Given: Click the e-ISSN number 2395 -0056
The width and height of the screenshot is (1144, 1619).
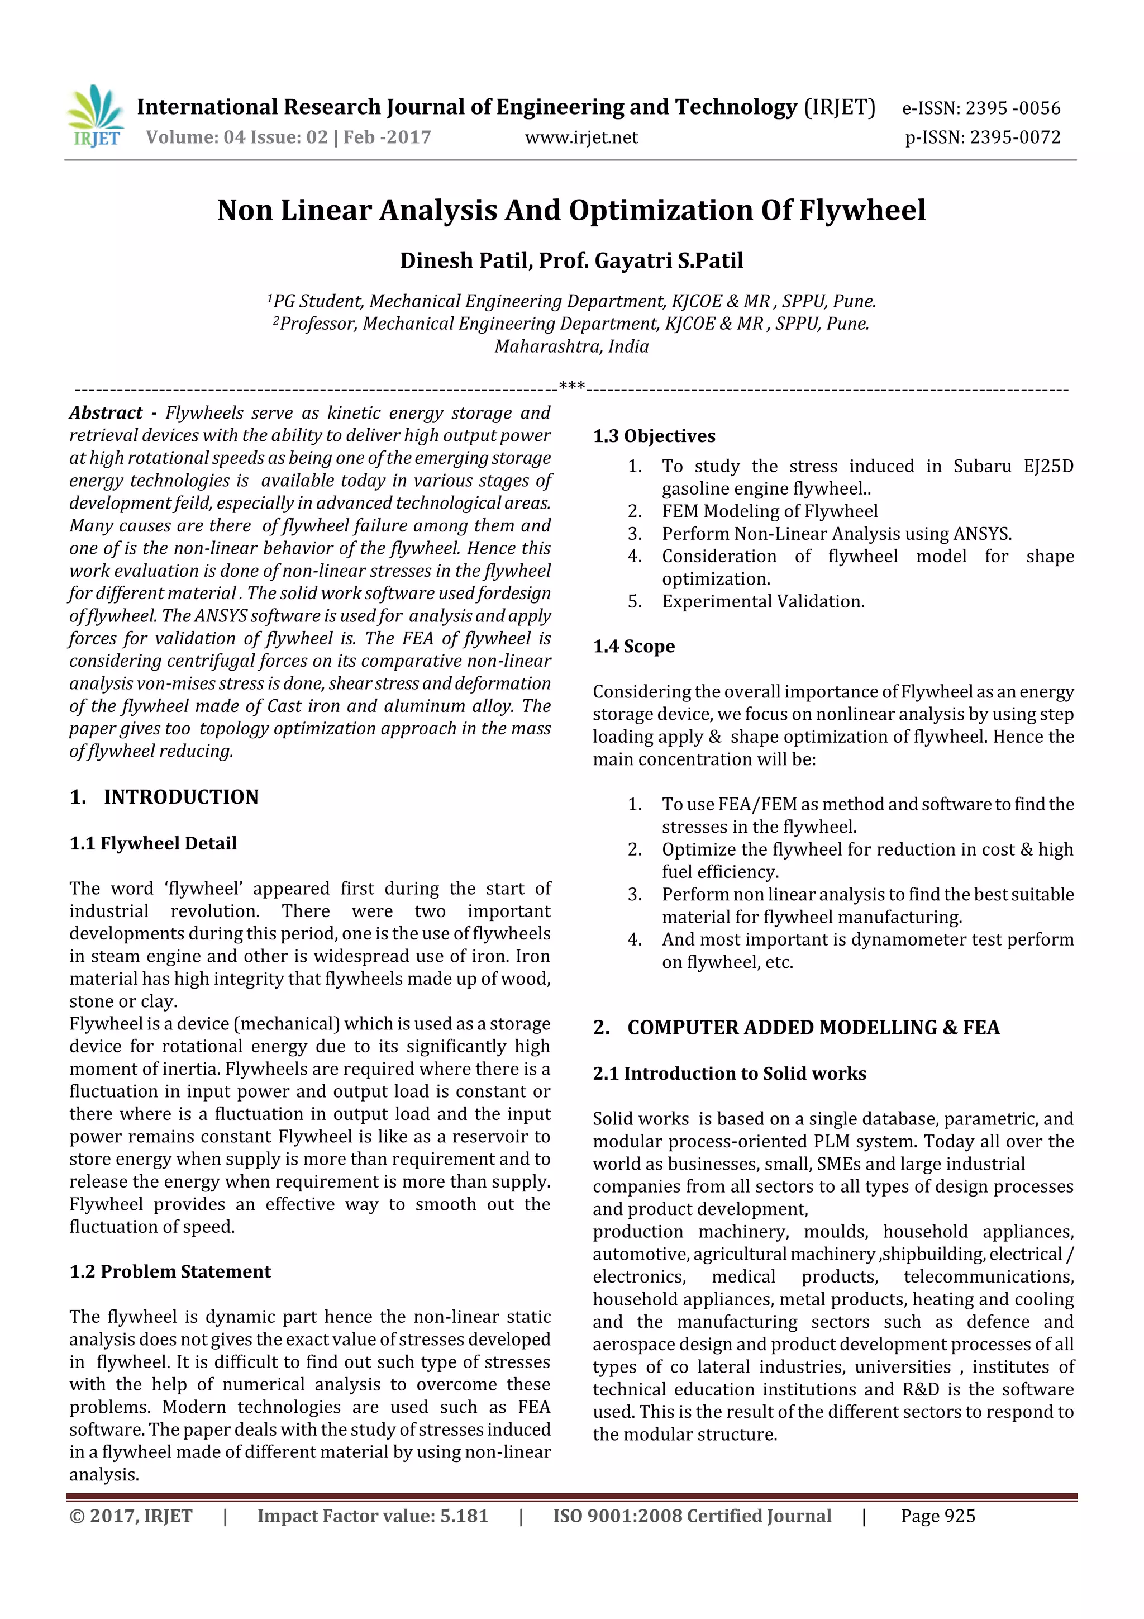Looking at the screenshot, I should tap(1012, 108).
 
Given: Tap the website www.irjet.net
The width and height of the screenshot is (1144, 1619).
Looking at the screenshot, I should tap(581, 137).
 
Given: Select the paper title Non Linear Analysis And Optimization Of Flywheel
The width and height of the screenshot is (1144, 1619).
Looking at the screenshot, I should tap(571, 210).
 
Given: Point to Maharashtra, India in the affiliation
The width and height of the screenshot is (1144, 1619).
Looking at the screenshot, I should tap(571, 346).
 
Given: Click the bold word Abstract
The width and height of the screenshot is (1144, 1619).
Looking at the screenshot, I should tap(106, 412).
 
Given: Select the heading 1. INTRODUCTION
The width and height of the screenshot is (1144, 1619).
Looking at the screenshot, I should tap(164, 797).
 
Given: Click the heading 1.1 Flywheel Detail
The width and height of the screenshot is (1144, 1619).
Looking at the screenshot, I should tap(153, 843).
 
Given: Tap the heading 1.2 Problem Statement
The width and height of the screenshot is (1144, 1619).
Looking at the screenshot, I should tap(170, 1271).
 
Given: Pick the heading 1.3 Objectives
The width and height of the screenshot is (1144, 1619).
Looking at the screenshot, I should tap(654, 436).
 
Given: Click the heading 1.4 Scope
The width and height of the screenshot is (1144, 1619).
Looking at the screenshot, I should tap(633, 646).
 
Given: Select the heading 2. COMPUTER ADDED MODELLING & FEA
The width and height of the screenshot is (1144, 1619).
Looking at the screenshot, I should tap(796, 1027).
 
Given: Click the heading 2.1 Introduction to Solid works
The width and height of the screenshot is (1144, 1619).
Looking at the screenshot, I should tap(729, 1073).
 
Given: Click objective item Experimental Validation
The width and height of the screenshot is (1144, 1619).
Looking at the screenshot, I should tap(762, 601).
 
